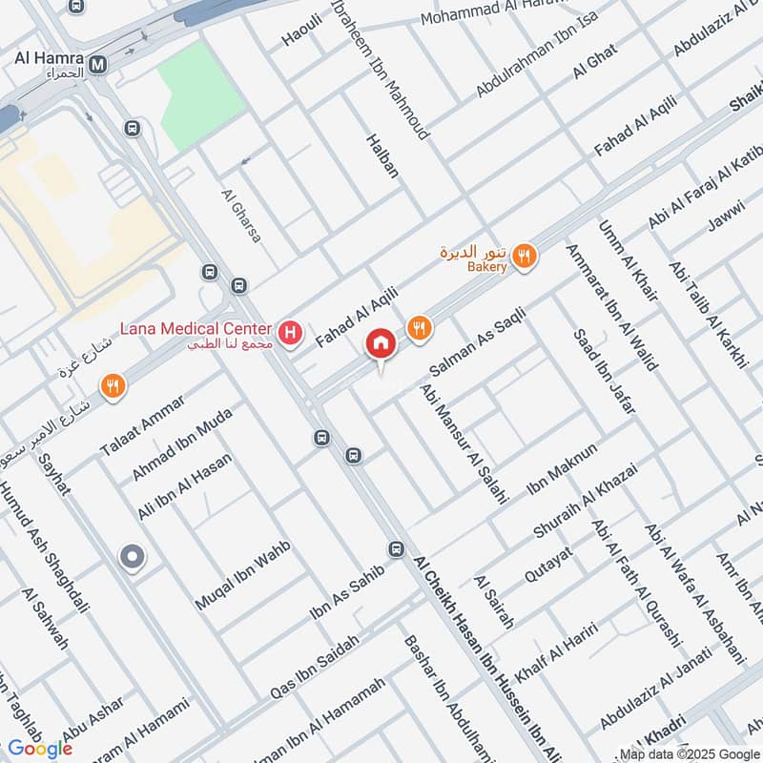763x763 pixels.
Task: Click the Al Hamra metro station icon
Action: (98, 64)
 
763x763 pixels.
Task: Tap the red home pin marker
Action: (381, 344)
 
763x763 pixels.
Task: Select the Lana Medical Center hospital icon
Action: (292, 335)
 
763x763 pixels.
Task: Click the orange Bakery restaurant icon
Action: (523, 256)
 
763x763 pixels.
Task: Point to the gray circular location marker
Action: (132, 556)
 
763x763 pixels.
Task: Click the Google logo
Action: (40, 748)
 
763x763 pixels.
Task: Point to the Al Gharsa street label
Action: (240, 215)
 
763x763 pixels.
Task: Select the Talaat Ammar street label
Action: (141, 423)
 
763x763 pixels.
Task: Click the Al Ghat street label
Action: (595, 62)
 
